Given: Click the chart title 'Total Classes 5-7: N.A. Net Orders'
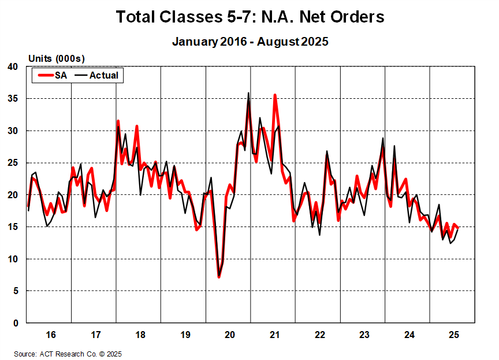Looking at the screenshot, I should coord(249,17).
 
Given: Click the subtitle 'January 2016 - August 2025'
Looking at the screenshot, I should coord(249,42).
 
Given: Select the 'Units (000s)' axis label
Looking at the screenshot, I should coord(56,58).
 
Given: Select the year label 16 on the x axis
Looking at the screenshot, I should coord(50,335).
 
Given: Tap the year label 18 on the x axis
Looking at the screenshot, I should coord(140,335).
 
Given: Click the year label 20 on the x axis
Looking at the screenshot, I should coord(229,335).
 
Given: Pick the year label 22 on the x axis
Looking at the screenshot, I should coord(319,335).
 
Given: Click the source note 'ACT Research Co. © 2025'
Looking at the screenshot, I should coord(81,354).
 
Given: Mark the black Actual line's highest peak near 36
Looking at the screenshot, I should coord(248,93).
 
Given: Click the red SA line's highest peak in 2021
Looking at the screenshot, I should coord(275,95).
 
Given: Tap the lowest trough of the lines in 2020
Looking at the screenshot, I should coord(219,277).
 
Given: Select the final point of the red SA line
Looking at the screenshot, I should coord(457,228).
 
